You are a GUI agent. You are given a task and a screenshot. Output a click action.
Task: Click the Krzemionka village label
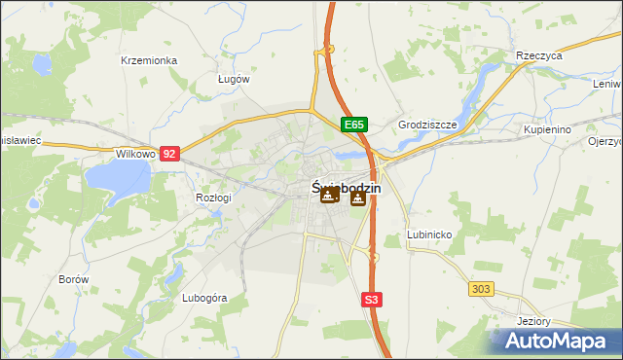pos(149,60)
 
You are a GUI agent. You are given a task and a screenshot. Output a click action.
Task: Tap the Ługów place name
pos(235,79)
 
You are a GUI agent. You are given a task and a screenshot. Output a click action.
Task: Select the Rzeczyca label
pos(540,56)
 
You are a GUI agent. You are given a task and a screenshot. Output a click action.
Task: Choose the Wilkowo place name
pos(135,154)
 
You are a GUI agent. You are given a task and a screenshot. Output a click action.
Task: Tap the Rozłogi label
pos(213,198)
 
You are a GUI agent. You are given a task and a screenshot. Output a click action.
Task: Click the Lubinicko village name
pos(427,235)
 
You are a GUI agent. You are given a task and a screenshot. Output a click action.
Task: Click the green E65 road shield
pos(354,126)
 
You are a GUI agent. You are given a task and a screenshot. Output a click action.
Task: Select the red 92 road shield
pos(170,154)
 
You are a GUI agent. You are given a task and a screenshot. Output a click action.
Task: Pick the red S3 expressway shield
pos(371,301)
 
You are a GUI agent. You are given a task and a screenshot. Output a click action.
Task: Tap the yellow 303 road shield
pos(481,289)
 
